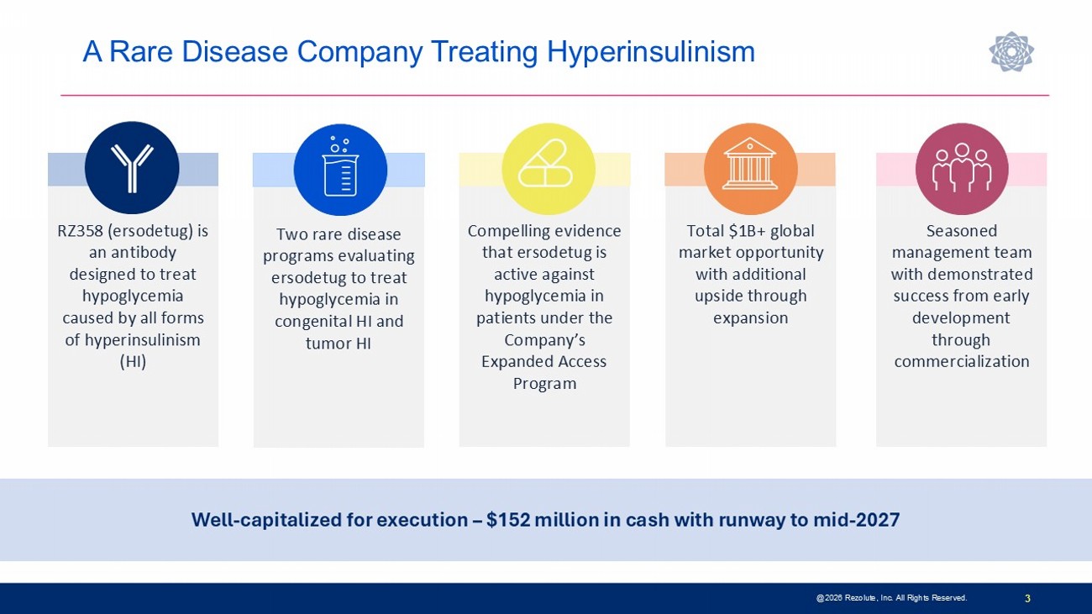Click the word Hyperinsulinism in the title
coord(651,52)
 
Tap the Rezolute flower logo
coord(1011,51)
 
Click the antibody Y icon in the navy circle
coord(132,168)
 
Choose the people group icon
coord(961,167)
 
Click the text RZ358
coord(80,230)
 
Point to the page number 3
coord(1027,598)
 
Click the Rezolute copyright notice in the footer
coord(891,598)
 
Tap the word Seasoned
coord(961,230)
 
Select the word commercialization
coord(961,361)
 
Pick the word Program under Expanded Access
coord(544,384)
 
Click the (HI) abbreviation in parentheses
coord(133,361)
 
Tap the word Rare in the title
coord(141,52)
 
